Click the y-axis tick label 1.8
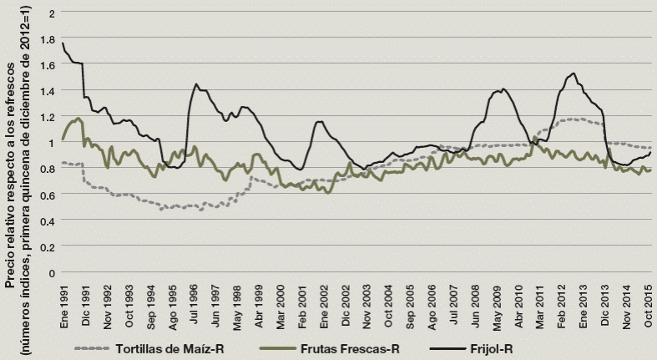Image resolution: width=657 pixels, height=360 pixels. tap(51, 38)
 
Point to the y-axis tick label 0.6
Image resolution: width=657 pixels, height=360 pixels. tap(51, 195)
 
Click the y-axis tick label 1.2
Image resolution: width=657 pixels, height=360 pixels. tap(51, 117)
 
